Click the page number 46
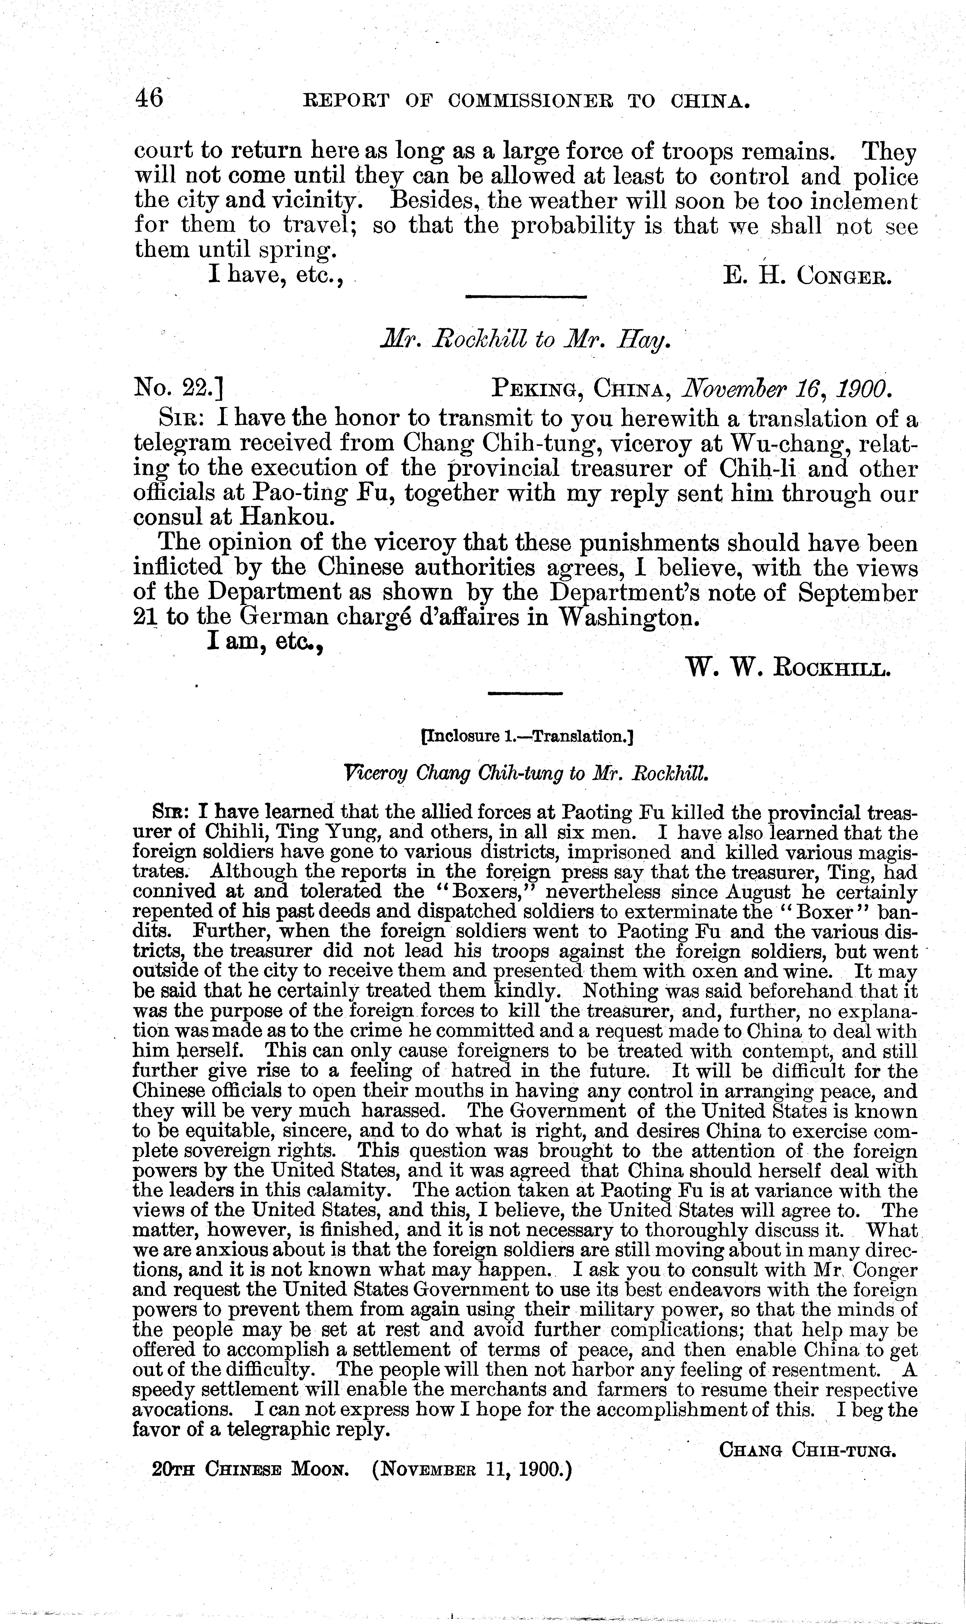click(x=149, y=99)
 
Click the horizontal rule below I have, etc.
click(x=526, y=297)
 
